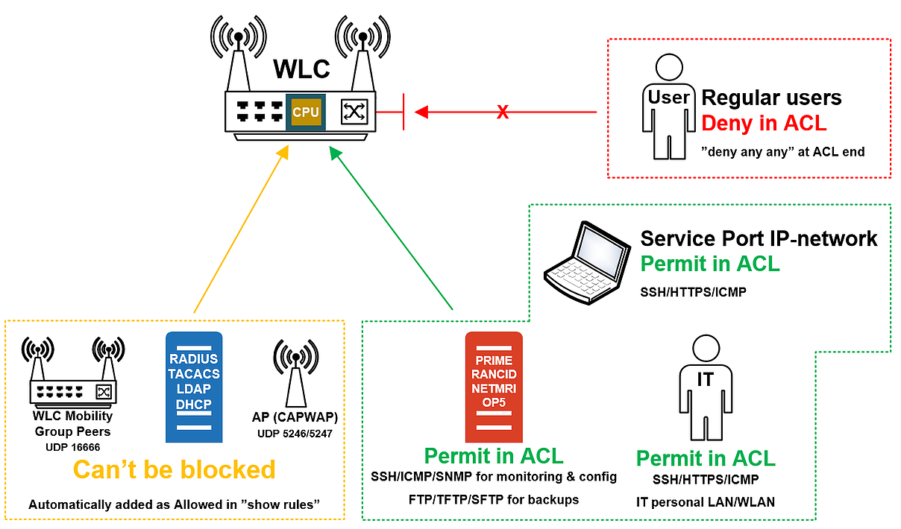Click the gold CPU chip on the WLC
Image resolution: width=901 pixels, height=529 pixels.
point(306,113)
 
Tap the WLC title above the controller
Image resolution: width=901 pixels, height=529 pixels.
point(301,69)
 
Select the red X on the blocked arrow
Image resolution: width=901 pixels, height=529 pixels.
point(503,113)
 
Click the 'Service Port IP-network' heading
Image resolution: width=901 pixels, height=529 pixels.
point(759,238)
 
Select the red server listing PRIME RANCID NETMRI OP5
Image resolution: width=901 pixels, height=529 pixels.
point(494,387)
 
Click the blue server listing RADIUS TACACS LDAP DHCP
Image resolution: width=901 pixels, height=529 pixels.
point(194,387)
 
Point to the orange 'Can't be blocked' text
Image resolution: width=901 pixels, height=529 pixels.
point(174,469)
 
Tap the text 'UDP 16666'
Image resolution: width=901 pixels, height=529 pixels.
point(72,447)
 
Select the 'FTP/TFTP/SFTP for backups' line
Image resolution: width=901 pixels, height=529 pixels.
point(494,499)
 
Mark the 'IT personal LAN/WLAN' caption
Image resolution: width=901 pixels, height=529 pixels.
point(705,502)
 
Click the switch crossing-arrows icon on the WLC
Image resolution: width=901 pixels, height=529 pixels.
point(353,112)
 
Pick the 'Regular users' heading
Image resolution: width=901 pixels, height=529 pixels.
point(771,98)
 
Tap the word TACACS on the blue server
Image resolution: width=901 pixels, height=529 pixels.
point(194,374)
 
